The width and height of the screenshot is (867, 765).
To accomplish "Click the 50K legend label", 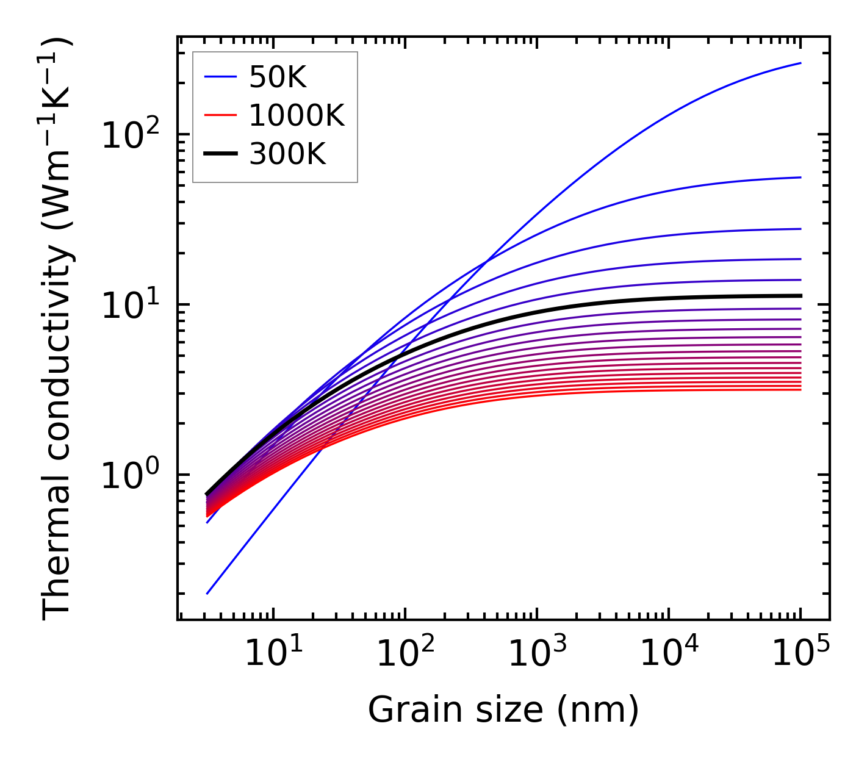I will (278, 77).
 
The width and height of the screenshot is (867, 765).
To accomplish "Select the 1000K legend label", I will (297, 116).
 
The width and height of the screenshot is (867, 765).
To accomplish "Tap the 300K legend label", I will (287, 155).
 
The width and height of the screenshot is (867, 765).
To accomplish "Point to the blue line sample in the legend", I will (220, 77).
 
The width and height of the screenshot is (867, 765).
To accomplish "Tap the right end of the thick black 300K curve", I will (800, 296).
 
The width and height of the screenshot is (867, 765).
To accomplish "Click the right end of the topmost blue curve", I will (800, 63).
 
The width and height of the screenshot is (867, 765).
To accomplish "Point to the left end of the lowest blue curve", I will (207, 593).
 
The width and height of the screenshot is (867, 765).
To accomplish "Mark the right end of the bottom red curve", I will (800, 389).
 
